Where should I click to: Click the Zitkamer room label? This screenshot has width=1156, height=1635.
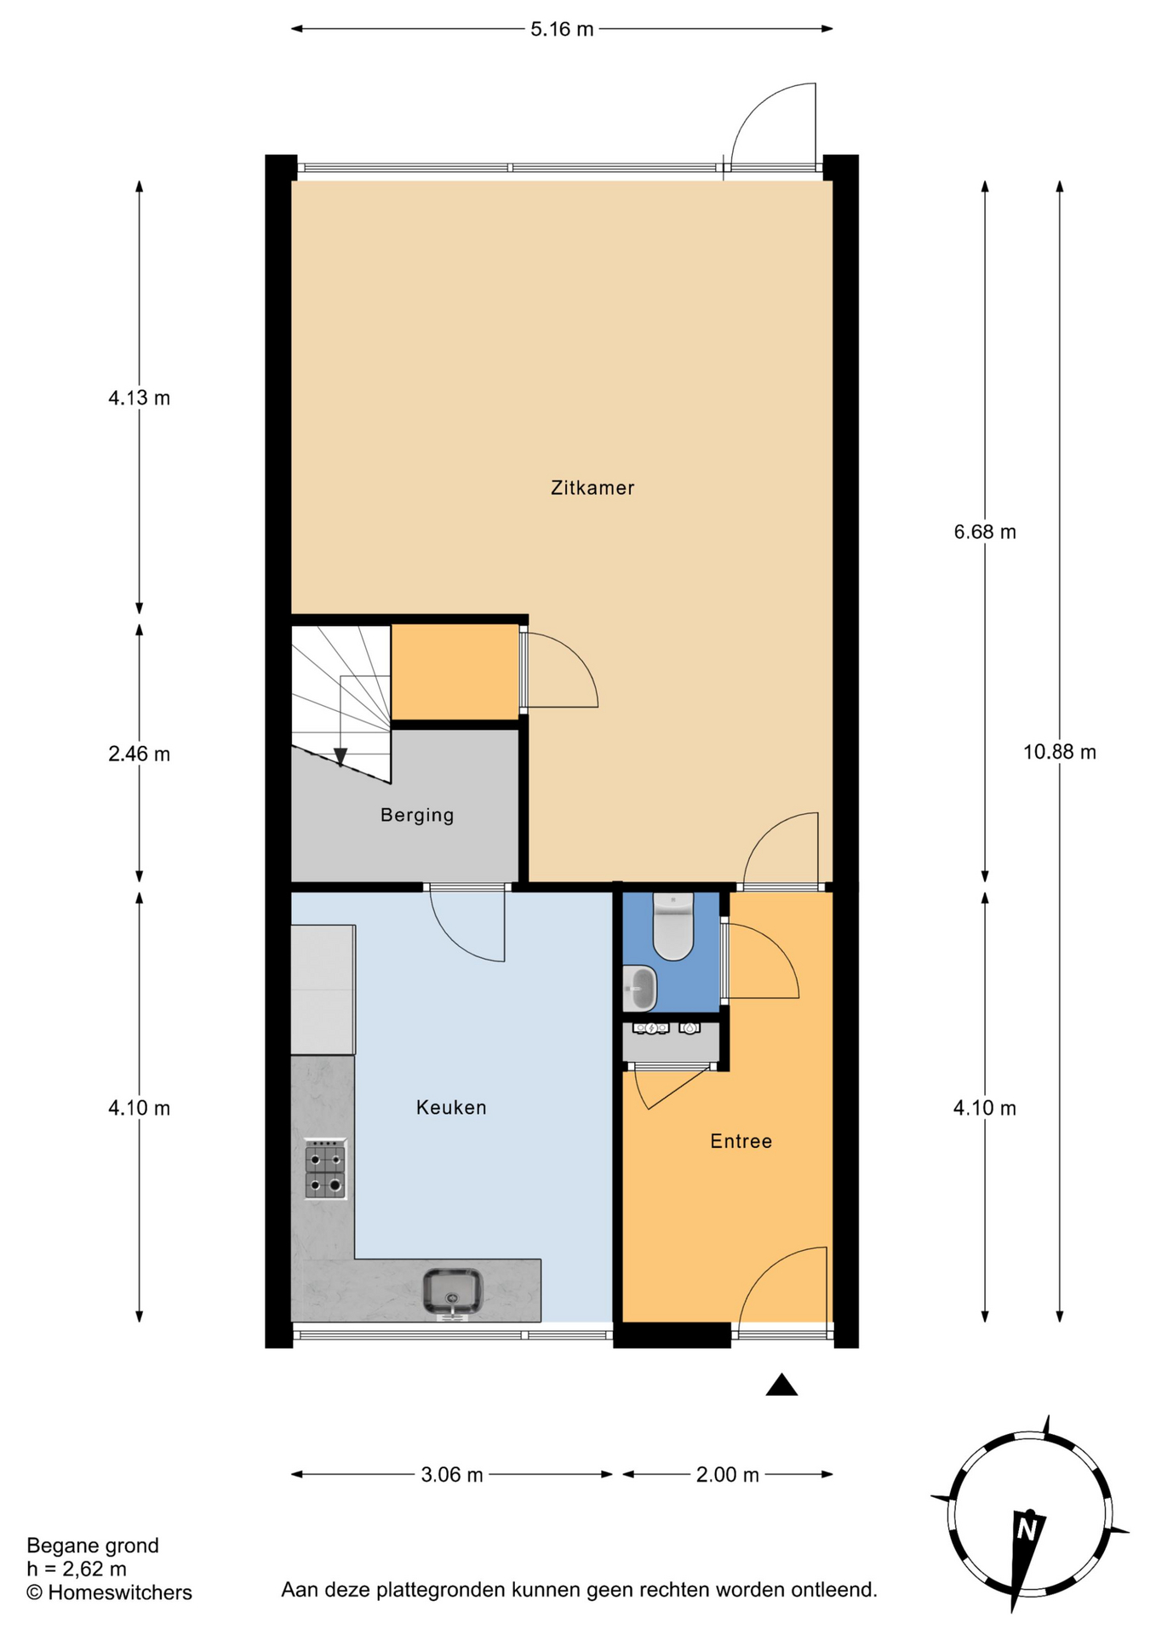(x=592, y=488)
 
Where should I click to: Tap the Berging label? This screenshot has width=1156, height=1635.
(x=417, y=815)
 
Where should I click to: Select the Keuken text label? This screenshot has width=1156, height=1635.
(x=451, y=1107)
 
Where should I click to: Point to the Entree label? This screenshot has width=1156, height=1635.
(x=741, y=1141)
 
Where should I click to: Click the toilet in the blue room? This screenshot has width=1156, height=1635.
(x=673, y=926)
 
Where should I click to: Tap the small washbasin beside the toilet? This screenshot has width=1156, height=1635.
(x=639, y=989)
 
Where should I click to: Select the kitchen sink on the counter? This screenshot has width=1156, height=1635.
(x=453, y=1291)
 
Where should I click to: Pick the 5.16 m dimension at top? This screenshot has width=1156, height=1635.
(x=562, y=29)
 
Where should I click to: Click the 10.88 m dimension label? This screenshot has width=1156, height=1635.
(x=1060, y=752)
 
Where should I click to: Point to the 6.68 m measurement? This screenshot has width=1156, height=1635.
(x=985, y=532)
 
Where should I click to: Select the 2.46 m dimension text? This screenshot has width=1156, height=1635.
(x=139, y=754)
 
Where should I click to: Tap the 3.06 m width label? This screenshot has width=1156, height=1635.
(x=452, y=1475)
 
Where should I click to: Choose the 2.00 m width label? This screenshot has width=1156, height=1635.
(x=728, y=1475)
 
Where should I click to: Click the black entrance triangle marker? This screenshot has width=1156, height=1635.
(x=781, y=1385)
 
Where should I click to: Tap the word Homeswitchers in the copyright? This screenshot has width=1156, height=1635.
(x=120, y=1592)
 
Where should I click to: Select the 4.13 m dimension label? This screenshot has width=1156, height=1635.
(x=139, y=398)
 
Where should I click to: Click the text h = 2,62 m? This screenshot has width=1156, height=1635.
(x=77, y=1569)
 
